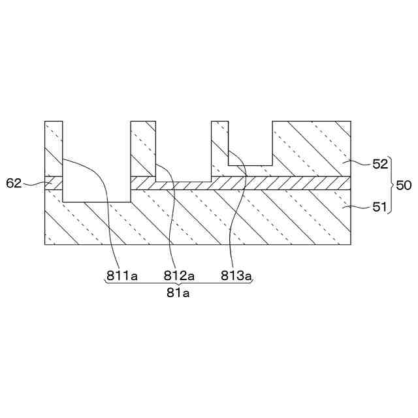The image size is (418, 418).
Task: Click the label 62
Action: pyautogui.click(x=13, y=183)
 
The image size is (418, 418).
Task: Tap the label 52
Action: pyautogui.click(x=381, y=164)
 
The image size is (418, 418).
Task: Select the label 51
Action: pyautogui.click(x=381, y=208)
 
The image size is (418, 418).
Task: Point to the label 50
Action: pyautogui.click(x=404, y=185)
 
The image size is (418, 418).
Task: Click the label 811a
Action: pyautogui.click(x=123, y=276)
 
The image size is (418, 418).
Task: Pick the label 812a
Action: pyautogui.click(x=180, y=276)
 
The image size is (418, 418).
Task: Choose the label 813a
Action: pyautogui.click(x=236, y=276)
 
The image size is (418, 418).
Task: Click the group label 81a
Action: pyautogui.click(x=178, y=293)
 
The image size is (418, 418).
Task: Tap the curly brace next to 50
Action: pyautogui.click(x=391, y=185)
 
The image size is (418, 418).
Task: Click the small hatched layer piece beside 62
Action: pyautogui.click(x=54, y=183)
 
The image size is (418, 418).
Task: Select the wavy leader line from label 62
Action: pyautogui.click(x=33, y=184)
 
